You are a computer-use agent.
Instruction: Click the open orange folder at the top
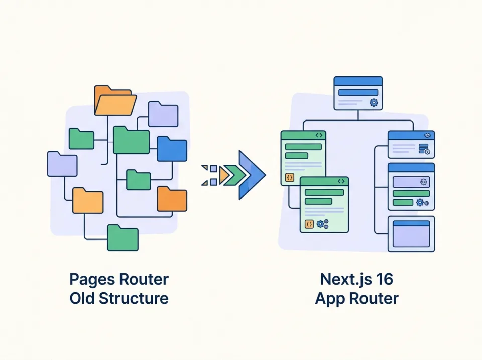point(114,102)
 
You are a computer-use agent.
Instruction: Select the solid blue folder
point(172,149)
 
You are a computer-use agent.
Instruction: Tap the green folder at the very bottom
point(123,238)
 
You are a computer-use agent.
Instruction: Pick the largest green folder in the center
point(131,141)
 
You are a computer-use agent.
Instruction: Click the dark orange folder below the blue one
point(172,199)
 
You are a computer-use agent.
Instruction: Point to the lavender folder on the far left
point(62,165)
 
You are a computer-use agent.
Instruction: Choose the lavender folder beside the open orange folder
point(163,114)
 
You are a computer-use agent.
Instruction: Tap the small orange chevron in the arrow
point(223,175)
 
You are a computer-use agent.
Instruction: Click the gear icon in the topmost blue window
point(373,102)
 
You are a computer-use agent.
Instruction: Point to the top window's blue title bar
point(358,81)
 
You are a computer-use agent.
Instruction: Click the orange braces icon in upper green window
point(290,177)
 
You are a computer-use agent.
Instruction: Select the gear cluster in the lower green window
point(322,224)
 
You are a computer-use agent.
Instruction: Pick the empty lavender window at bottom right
point(411,234)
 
